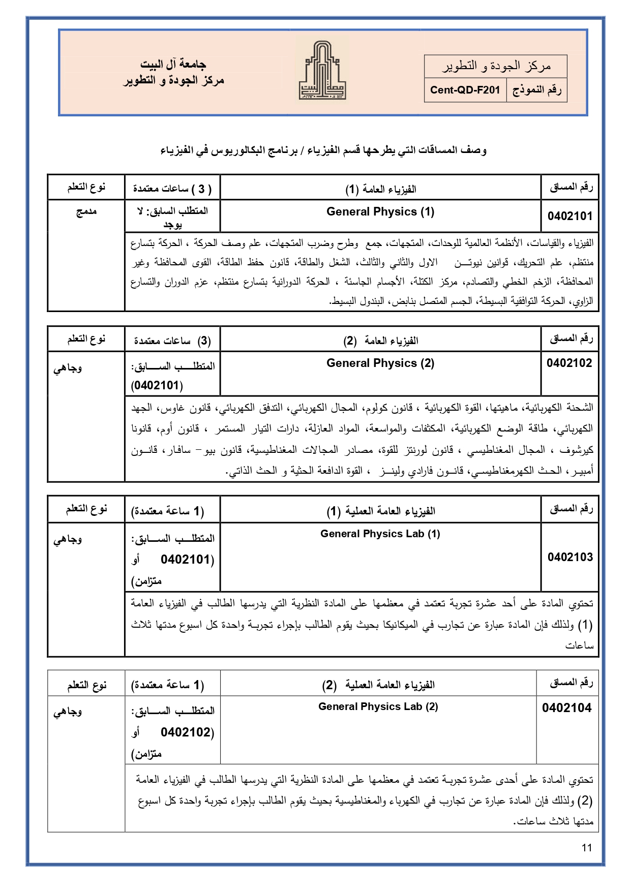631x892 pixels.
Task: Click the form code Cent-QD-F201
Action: pyautogui.click(x=465, y=90)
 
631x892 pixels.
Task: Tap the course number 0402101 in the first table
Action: pyautogui.click(x=570, y=217)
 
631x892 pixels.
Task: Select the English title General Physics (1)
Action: pyautogui.click(x=380, y=212)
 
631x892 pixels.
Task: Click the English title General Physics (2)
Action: pyautogui.click(x=380, y=363)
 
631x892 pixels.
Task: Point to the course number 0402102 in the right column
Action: pyautogui.click(x=569, y=363)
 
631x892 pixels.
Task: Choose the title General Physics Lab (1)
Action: pyautogui.click(x=380, y=534)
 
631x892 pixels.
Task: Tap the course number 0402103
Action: pyautogui.click(x=570, y=558)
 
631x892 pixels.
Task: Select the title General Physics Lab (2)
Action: pyautogui.click(x=378, y=706)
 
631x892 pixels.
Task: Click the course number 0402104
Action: pyautogui.click(x=567, y=708)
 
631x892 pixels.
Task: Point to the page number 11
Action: pyautogui.click(x=587, y=848)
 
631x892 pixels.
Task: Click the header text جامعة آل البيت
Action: pyautogui.click(x=173, y=65)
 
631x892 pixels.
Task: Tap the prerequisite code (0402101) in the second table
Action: pyautogui.click(x=157, y=386)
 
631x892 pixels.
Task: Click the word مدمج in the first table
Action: pyautogui.click(x=86, y=212)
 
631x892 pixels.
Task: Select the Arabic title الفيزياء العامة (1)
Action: pyautogui.click(x=381, y=190)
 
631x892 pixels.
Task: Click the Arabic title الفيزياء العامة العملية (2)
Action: pyautogui.click(x=378, y=685)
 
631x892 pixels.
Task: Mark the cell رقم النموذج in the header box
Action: pyautogui.click(x=536, y=90)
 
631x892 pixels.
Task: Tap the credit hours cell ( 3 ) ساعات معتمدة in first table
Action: pyautogui.click(x=172, y=189)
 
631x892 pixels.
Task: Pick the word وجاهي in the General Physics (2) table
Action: pyautogui.click(x=68, y=368)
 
